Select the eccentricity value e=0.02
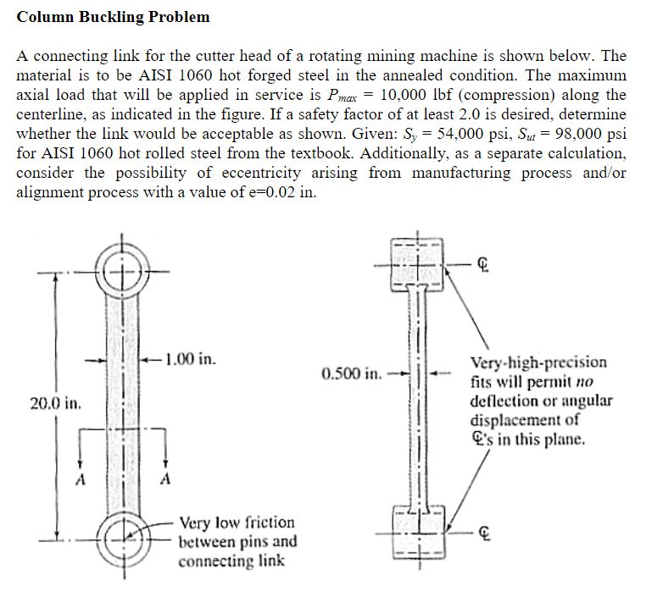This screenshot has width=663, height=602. pyautogui.click(x=262, y=192)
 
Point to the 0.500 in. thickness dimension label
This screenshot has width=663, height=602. pyautogui.click(x=349, y=373)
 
